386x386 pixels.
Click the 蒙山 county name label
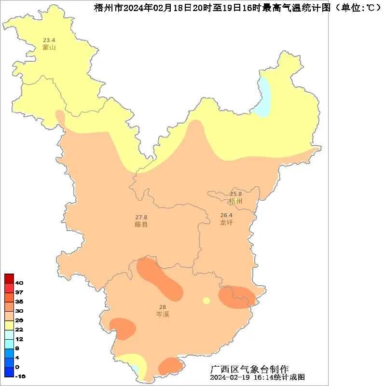(x=49, y=47)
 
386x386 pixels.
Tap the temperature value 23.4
(x=49, y=40)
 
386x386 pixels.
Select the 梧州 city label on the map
(x=236, y=201)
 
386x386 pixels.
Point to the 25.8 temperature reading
(x=236, y=194)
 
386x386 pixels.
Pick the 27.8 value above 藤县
(x=141, y=217)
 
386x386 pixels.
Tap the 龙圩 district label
(x=226, y=222)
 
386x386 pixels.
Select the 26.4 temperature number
(x=226, y=215)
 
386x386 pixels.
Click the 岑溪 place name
(x=163, y=314)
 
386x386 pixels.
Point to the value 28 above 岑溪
(x=163, y=307)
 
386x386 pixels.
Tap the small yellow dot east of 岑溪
(x=207, y=301)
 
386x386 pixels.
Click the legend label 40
(x=19, y=283)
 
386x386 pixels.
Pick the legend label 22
(x=19, y=329)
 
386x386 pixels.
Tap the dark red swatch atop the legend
(x=9, y=278)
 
